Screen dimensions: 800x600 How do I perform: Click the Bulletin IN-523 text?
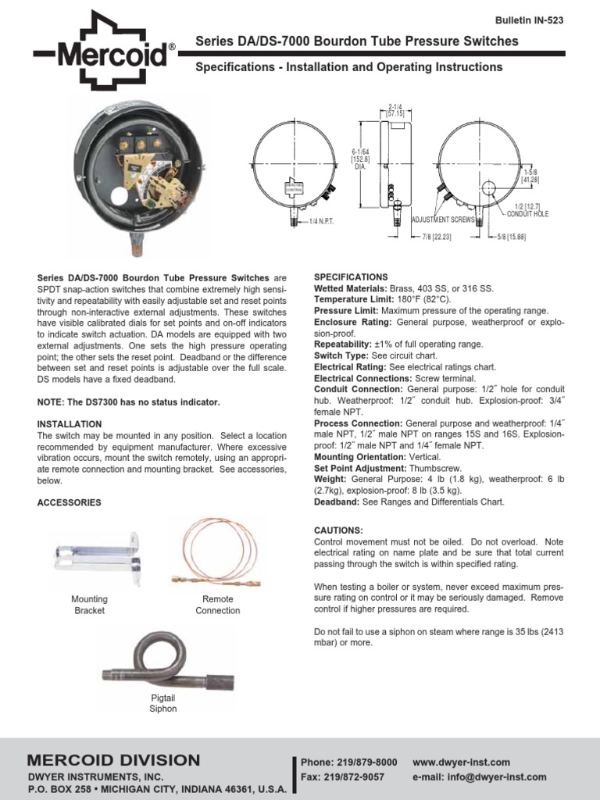[530, 20]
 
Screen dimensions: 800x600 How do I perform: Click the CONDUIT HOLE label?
[528, 213]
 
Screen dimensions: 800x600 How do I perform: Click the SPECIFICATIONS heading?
[351, 277]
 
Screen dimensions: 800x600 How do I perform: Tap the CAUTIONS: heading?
[338, 530]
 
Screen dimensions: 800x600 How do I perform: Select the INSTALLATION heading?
[70, 424]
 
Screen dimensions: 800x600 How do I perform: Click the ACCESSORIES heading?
[70, 503]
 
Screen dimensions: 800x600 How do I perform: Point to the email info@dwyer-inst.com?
[480, 777]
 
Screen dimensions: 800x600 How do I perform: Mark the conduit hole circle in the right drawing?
[489, 188]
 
